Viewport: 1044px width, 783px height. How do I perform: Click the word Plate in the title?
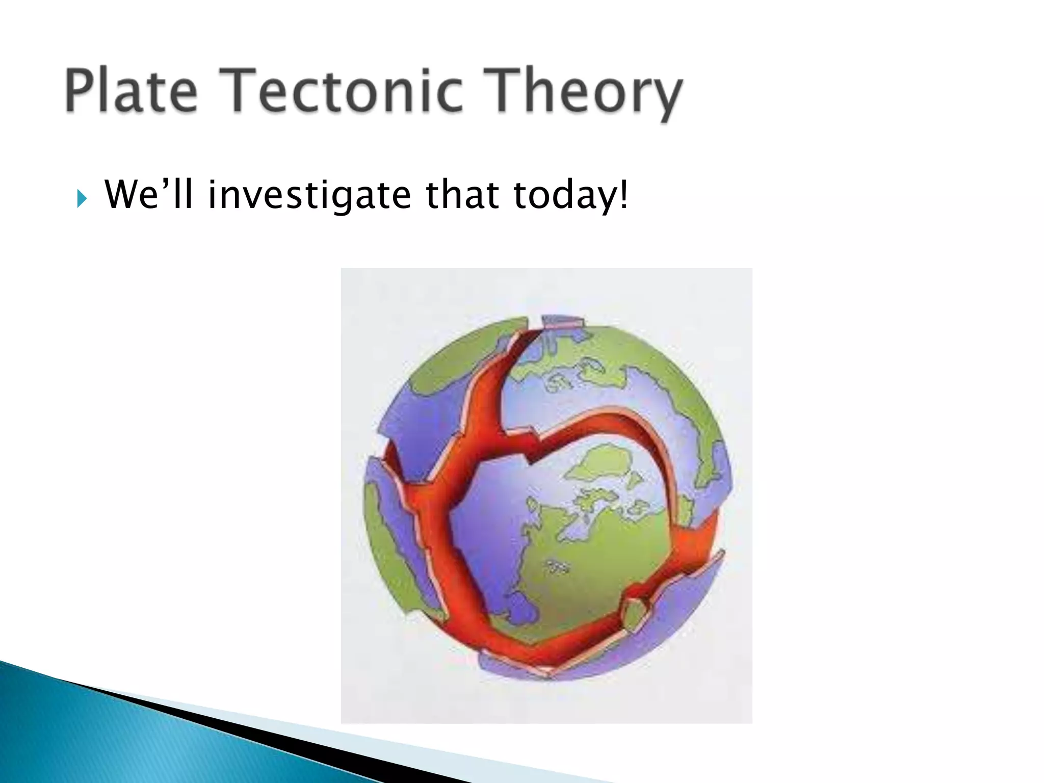[130, 92]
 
